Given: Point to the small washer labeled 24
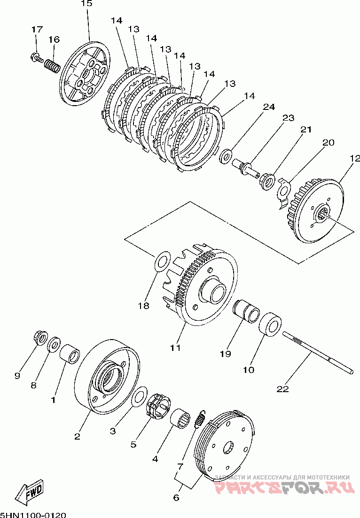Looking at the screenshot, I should [x=227, y=155].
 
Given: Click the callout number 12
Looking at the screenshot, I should [x=354, y=159].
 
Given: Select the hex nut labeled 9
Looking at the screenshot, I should [x=40, y=337].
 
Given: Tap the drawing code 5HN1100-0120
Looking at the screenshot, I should [x=33, y=514].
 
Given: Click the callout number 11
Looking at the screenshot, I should [x=175, y=348].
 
